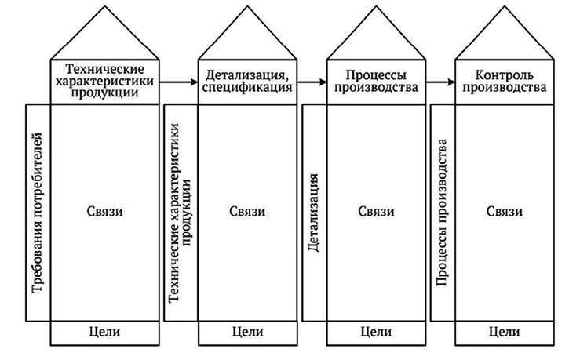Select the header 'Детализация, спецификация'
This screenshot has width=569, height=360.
[250, 81]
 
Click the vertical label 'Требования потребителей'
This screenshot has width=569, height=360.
[38, 214]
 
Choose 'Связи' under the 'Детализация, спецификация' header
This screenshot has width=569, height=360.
[247, 212]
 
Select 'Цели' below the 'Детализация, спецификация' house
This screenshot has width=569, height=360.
[247, 332]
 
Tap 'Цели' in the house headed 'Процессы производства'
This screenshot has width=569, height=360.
[377, 332]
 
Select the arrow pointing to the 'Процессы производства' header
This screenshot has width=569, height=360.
[312, 81]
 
